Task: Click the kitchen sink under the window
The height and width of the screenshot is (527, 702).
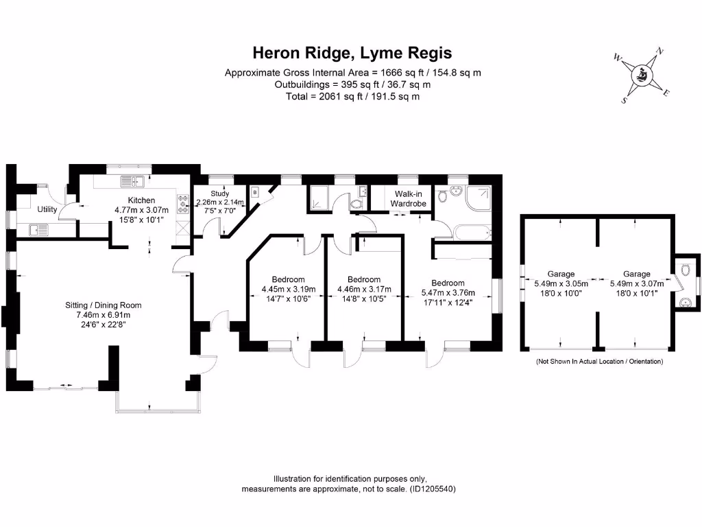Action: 130,181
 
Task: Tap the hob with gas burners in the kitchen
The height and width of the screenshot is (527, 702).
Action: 183,202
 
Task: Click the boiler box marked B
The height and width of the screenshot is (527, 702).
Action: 255,193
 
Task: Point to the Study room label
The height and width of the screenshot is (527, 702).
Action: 219,194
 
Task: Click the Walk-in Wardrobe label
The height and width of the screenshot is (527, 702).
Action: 409,199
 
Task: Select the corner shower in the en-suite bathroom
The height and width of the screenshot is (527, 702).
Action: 479,197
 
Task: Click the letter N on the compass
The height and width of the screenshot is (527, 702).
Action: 660,50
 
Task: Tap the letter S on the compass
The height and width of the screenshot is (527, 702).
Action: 625,100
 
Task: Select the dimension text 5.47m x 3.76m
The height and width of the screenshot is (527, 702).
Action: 448,292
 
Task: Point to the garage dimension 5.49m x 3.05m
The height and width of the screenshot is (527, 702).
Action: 561,283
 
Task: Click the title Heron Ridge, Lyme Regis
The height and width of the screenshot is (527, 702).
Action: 352,53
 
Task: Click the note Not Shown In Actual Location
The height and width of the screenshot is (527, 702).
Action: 599,361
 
